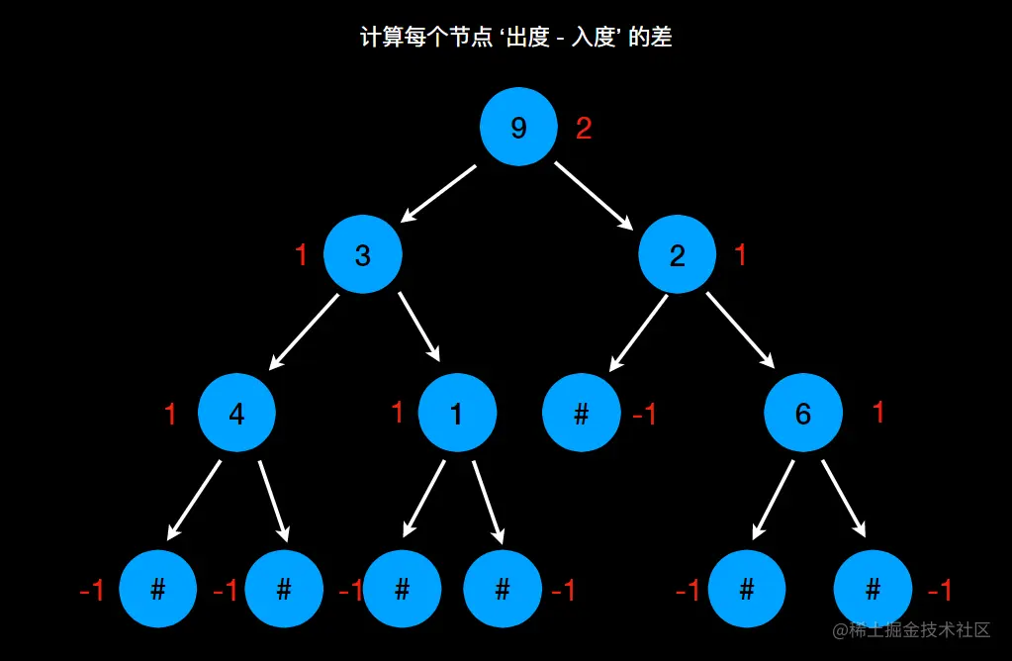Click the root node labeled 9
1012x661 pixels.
pos(518,128)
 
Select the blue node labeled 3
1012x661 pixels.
pos(362,255)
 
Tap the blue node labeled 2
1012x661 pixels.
pos(677,255)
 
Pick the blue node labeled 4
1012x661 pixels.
pos(236,414)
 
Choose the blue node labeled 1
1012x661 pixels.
pos(456,414)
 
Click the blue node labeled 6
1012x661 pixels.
pos(802,414)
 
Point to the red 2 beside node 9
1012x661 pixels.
pos(584,128)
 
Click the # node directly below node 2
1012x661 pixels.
pos(582,414)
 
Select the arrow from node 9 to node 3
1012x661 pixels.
pos(439,193)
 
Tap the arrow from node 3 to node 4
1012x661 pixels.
pos(304,331)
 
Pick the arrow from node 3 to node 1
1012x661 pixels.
pos(419,328)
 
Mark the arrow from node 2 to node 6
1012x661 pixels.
pos(740,330)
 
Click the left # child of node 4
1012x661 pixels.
pos(157,590)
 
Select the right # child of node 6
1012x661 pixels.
pos(873,590)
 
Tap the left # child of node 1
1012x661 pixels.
pos(402,590)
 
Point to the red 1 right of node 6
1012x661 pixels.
pos(878,413)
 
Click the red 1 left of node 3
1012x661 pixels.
pos(302,255)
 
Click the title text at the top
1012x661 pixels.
pos(515,39)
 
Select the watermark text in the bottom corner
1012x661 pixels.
pos(911,630)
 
